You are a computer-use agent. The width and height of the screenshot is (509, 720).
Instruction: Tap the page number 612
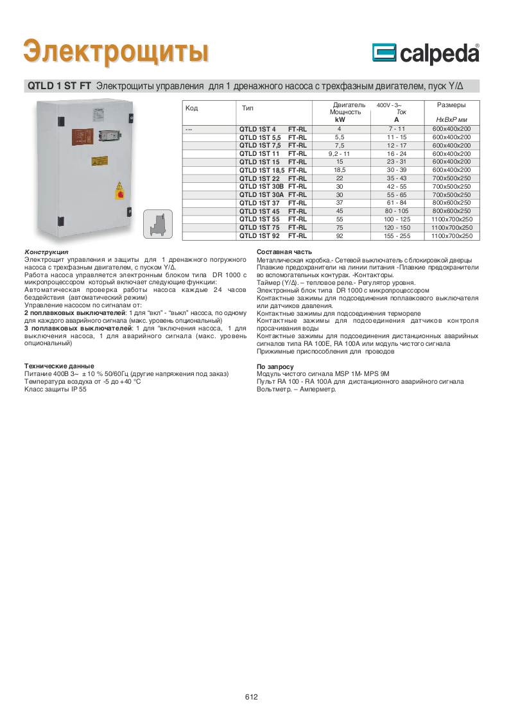(x=251, y=698)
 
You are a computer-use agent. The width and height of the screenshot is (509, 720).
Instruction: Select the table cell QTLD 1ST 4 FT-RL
(x=272, y=129)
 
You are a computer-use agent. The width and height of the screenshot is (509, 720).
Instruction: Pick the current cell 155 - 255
(x=396, y=236)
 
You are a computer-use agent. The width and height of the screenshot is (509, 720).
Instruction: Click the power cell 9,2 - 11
(x=340, y=154)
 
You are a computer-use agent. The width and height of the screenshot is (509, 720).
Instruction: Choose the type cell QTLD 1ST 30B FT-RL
(x=272, y=186)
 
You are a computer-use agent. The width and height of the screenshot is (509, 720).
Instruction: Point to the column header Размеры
(x=451, y=105)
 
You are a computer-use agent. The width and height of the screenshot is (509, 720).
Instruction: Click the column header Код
(x=191, y=108)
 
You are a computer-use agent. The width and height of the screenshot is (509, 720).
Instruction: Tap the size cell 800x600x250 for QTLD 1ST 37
(x=451, y=203)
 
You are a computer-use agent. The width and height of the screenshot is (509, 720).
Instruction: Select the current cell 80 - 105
(x=396, y=211)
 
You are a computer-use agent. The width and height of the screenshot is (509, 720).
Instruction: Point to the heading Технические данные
(x=58, y=365)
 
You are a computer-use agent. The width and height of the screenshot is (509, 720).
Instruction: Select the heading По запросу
(x=275, y=366)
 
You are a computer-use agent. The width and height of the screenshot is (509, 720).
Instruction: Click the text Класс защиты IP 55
(x=55, y=388)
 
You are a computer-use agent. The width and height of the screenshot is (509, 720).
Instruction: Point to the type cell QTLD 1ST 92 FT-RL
(x=272, y=236)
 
